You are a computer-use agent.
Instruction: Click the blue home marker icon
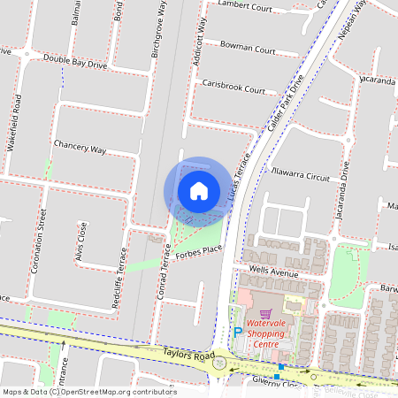pos(198,190)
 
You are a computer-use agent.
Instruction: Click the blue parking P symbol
pos(237,332)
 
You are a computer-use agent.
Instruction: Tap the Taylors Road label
pos(165,356)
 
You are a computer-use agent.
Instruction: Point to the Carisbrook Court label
pos(233,88)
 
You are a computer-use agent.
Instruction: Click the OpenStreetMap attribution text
pos(77,391)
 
